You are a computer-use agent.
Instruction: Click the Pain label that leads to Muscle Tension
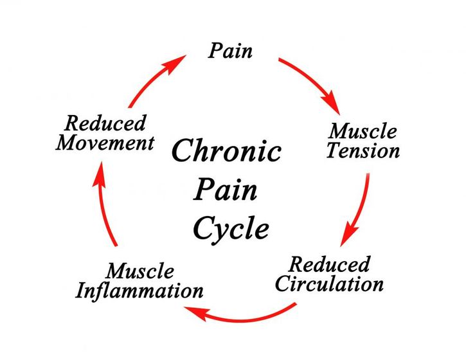pos(230,51)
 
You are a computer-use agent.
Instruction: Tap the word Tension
pos(363,152)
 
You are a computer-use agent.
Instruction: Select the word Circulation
pos(329,283)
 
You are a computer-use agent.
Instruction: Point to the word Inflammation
pos(139,291)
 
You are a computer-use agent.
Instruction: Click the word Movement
pos(105,143)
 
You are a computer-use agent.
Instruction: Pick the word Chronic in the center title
pos(227,152)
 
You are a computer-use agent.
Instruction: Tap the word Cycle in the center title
pos(231,229)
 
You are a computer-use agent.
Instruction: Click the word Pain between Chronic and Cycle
pos(226,190)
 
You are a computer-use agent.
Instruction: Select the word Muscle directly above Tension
pos(363,132)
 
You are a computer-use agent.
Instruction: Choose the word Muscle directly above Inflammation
pos(139,271)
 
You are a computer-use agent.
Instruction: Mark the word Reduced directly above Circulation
pos(330,264)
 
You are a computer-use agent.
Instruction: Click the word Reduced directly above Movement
pos(105,123)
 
